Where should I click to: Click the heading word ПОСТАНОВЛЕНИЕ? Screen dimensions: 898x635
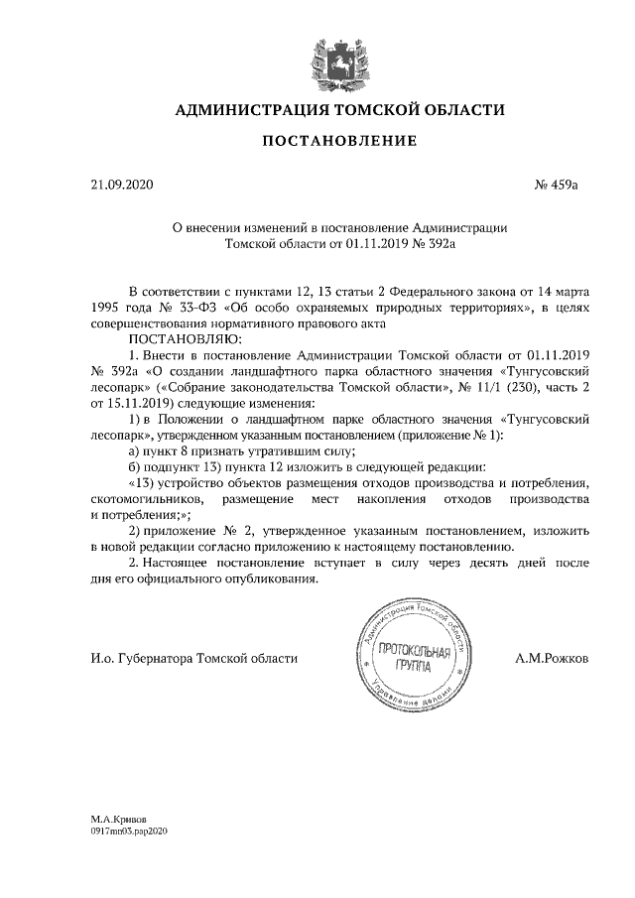pos(338,142)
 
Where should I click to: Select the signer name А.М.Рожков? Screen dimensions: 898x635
pos(551,657)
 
